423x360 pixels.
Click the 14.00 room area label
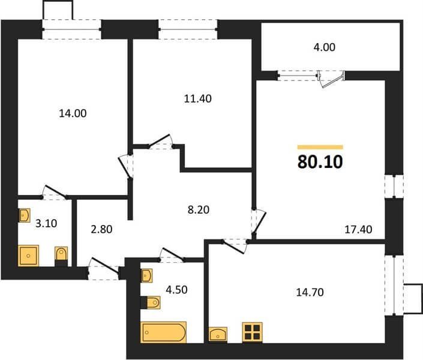[x=73, y=113]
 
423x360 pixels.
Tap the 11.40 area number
[x=198, y=99]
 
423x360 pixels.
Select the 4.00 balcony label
[x=324, y=47]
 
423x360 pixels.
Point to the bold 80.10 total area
[x=320, y=162]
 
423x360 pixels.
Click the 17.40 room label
[x=359, y=229]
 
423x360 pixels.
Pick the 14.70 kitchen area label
[x=310, y=292]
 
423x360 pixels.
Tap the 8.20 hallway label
[x=199, y=209]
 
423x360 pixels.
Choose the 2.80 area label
[x=101, y=229]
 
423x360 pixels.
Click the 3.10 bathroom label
[x=46, y=223]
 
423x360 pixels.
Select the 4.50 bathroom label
[x=176, y=290]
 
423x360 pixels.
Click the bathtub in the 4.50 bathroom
[x=163, y=332]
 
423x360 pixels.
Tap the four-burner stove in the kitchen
[x=252, y=332]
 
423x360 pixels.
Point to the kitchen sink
[x=218, y=335]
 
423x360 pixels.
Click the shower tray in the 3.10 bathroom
[x=28, y=256]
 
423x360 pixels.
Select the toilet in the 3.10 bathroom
[x=61, y=256]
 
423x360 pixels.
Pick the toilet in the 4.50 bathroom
[x=151, y=302]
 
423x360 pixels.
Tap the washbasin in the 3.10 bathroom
[x=24, y=215]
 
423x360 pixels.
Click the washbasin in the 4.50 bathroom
[x=146, y=275]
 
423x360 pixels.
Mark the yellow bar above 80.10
[x=320, y=147]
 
